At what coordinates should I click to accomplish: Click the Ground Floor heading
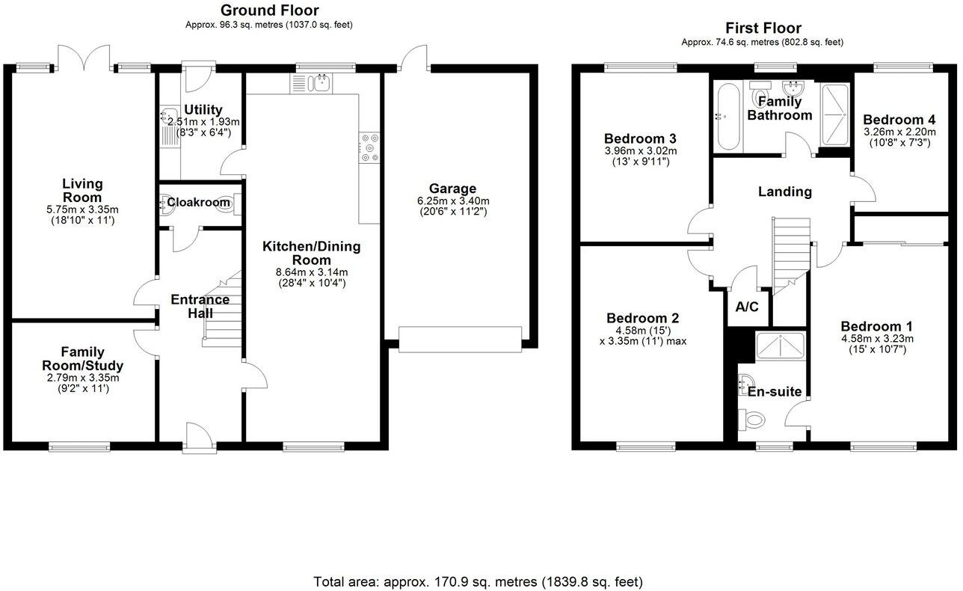pos(269,10)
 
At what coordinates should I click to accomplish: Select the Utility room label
pos(203,110)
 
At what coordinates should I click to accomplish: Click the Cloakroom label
pos(198,202)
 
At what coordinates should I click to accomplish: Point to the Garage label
pos(452,189)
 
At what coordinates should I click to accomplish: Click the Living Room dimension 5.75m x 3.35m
pos(82,209)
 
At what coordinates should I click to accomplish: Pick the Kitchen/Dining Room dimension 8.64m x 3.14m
pos(311,272)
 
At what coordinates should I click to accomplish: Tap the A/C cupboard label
pos(747,307)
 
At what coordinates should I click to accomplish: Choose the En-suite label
pos(775,391)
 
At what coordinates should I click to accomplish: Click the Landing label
pos(785,192)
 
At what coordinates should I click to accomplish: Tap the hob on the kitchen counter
pos(369,147)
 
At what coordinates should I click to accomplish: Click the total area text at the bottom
pos(477,581)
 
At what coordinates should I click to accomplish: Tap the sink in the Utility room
pos(167,115)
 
